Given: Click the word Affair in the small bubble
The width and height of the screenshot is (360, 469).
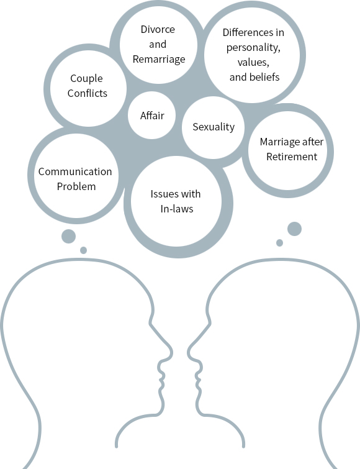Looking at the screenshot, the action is pyautogui.click(x=152, y=116).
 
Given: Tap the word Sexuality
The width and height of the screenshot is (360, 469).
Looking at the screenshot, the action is pyautogui.click(x=214, y=127).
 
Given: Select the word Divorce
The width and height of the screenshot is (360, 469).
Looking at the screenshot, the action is pyautogui.click(x=158, y=29).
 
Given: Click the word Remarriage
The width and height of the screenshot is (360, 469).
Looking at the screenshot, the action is pyautogui.click(x=159, y=59).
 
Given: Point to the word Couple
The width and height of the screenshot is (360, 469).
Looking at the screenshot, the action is pyautogui.click(x=87, y=79).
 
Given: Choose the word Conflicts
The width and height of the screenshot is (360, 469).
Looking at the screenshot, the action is pyautogui.click(x=88, y=93).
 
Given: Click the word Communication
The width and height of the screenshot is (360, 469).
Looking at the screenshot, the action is pyautogui.click(x=75, y=171).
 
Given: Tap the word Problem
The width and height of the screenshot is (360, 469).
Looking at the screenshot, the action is pyautogui.click(x=76, y=186).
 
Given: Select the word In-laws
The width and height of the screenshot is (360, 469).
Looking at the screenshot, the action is pyautogui.click(x=177, y=209).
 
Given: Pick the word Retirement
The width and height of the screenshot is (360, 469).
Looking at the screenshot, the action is pyautogui.click(x=292, y=157).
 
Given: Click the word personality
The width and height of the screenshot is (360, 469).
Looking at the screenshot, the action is pyautogui.click(x=253, y=48).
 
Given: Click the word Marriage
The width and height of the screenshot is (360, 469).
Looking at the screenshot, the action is pyautogui.click(x=280, y=142).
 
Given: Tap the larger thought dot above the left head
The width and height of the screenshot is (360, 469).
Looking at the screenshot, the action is pyautogui.click(x=68, y=237).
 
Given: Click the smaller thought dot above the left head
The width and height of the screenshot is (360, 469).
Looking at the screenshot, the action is pyautogui.click(x=84, y=250).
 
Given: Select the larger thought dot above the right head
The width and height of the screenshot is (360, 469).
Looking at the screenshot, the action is pyautogui.click(x=294, y=229).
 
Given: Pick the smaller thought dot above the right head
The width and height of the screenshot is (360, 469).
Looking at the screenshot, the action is pyautogui.click(x=280, y=243).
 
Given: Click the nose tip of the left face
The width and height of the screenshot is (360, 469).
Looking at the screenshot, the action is pyautogui.click(x=172, y=353).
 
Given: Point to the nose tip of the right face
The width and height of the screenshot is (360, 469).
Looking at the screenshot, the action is pyautogui.click(x=188, y=352).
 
